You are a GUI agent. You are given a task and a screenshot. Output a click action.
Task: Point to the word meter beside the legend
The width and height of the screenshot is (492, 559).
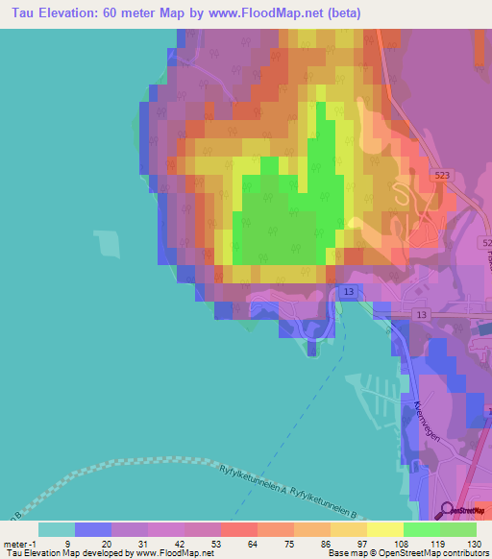17,543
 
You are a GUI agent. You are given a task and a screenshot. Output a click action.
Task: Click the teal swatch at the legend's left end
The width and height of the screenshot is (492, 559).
56,529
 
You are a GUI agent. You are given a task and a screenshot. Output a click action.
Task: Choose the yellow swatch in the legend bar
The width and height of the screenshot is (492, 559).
384,529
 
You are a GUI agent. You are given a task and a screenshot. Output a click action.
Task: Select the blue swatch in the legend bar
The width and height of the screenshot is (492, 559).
92,529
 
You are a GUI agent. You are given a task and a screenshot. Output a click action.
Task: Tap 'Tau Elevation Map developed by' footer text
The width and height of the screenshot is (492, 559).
54,552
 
